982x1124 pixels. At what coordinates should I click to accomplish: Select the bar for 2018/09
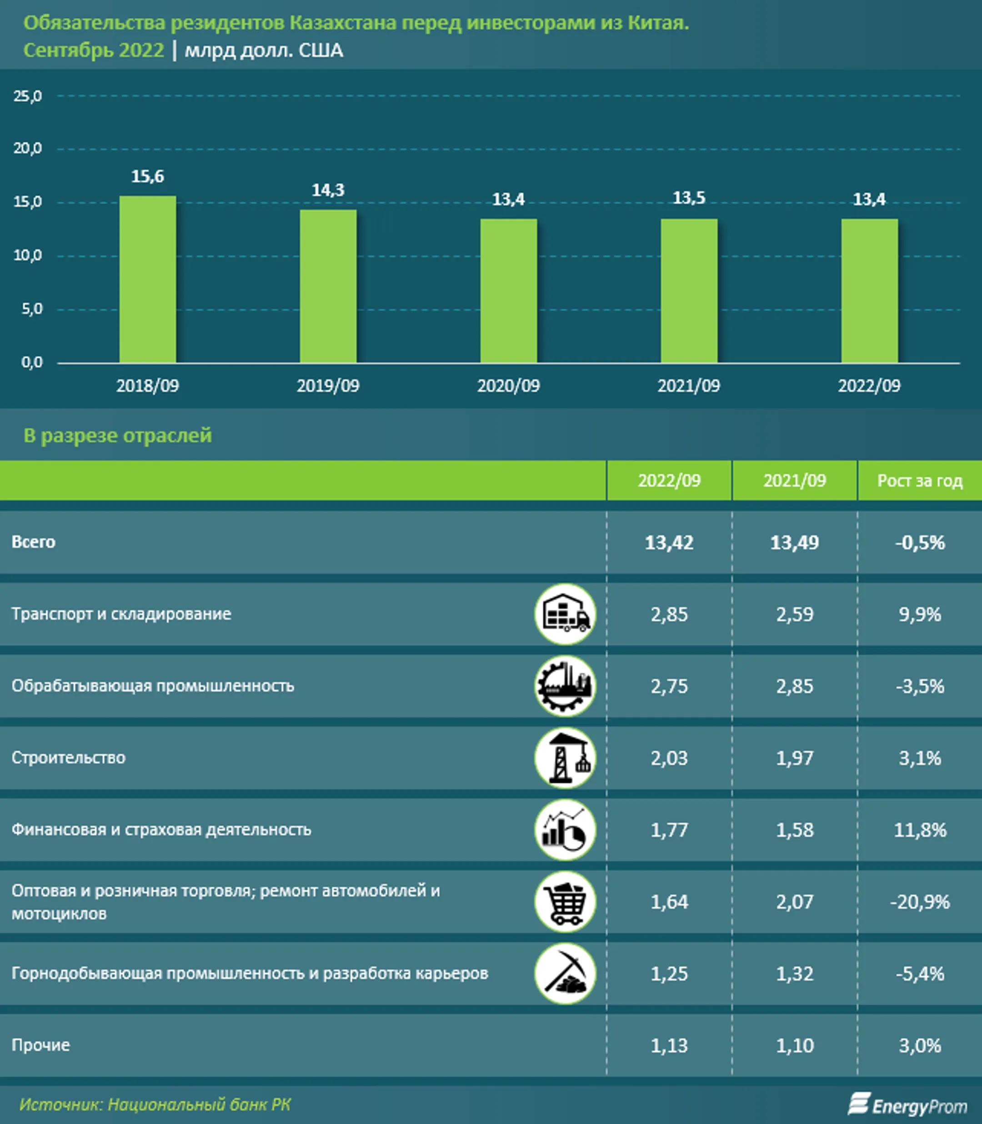(x=147, y=280)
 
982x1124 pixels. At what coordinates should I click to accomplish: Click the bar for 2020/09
(x=509, y=290)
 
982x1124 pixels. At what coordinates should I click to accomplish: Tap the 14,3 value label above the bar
(x=328, y=190)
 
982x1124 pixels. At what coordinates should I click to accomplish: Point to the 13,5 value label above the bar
(x=689, y=198)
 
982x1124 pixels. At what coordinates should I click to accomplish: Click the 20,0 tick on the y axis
(x=27, y=149)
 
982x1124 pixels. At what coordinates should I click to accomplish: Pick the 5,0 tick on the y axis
(x=31, y=309)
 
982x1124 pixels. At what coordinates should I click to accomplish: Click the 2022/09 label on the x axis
(x=869, y=385)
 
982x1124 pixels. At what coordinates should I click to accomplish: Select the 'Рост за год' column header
(x=920, y=480)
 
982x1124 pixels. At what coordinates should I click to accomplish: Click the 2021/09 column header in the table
(x=795, y=480)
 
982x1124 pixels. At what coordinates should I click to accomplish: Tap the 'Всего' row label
(x=34, y=542)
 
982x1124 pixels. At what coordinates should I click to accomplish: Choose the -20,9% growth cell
(x=920, y=902)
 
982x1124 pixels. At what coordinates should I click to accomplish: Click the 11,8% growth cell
(x=920, y=830)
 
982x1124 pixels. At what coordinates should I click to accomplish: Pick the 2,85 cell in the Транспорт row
(x=669, y=614)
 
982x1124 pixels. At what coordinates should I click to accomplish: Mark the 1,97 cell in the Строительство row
(x=795, y=758)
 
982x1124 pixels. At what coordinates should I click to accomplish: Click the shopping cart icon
(x=565, y=902)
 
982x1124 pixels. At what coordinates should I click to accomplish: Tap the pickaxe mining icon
(x=565, y=974)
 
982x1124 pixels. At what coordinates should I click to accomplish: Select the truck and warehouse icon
(x=565, y=614)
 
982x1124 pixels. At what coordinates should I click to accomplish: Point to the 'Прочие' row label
(x=41, y=1045)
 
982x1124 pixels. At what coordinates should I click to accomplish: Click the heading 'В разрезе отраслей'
(x=117, y=435)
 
